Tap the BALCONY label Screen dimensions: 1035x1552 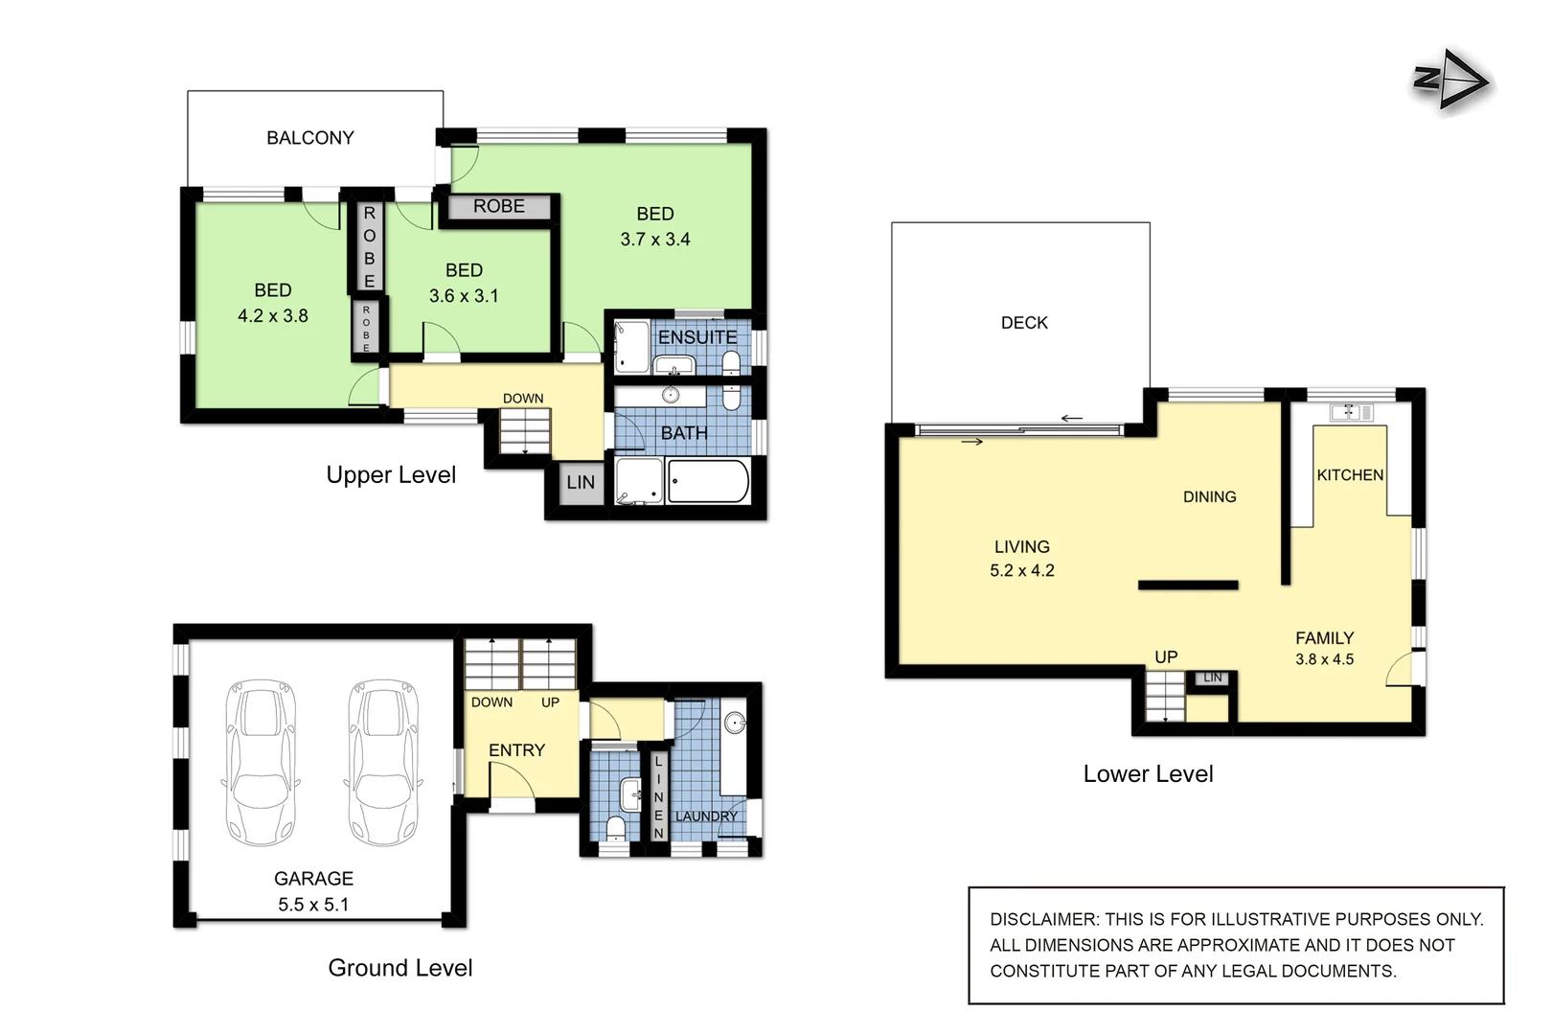tap(309, 138)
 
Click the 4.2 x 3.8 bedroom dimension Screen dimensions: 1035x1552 tap(273, 316)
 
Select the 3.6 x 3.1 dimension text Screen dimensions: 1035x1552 tap(464, 296)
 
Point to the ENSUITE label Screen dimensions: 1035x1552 tap(697, 337)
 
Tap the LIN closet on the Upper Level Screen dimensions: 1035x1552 tap(581, 483)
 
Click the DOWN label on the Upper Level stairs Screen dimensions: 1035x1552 tap(523, 399)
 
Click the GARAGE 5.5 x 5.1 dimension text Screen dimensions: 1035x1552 tap(313, 905)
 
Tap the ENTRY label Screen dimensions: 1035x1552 tap(516, 750)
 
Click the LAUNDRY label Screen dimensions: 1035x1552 tap(706, 816)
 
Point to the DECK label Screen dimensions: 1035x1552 tap(1024, 323)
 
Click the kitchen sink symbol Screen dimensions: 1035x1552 tap(1351, 412)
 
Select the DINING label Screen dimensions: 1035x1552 tap(1209, 496)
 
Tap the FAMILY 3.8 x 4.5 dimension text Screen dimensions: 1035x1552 tap(1324, 659)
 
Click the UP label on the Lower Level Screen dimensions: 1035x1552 tap(1166, 657)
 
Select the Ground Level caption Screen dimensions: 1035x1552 tap(400, 968)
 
